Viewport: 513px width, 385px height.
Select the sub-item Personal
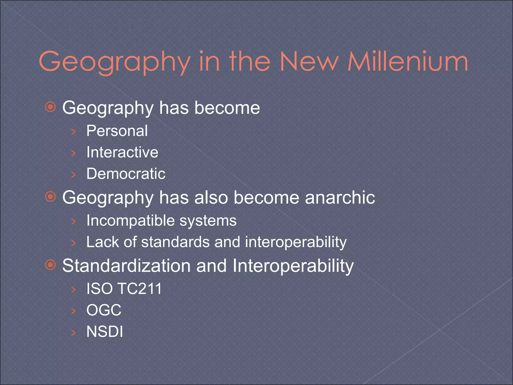click(117, 131)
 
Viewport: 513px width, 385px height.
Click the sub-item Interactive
click(122, 152)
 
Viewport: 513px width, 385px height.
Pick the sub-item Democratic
click(126, 173)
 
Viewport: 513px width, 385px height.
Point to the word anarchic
click(340, 197)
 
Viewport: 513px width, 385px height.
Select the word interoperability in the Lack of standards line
click(296, 242)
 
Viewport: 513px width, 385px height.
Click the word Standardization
click(126, 265)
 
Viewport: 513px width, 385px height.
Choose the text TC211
click(140, 288)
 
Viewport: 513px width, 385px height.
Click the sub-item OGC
click(104, 310)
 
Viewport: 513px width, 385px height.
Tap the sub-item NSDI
click(105, 332)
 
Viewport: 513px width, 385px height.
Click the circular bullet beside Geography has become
click(51, 107)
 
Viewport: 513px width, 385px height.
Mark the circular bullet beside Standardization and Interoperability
click(51, 265)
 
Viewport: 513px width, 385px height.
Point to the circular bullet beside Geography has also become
click(51, 197)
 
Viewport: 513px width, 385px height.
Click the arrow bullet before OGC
click(73, 311)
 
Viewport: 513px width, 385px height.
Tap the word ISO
click(99, 288)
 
